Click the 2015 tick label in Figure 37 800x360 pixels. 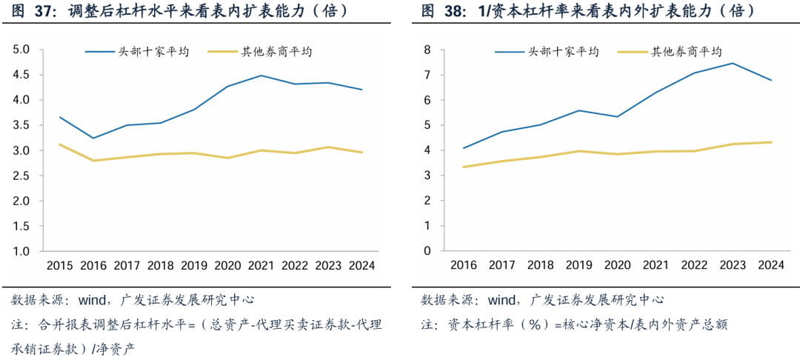point(59,265)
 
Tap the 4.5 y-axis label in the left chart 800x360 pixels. point(21,75)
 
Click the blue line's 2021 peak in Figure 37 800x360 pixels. point(261,76)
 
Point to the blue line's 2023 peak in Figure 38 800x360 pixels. point(733,63)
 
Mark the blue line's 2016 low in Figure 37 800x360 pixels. point(93,138)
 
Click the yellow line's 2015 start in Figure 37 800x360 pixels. point(59,144)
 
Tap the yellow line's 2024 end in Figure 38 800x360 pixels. point(771,142)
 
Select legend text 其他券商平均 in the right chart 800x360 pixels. point(686,52)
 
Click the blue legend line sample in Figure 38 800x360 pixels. point(509,52)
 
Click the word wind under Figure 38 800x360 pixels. point(503,300)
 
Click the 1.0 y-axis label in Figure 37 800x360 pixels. point(21,251)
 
